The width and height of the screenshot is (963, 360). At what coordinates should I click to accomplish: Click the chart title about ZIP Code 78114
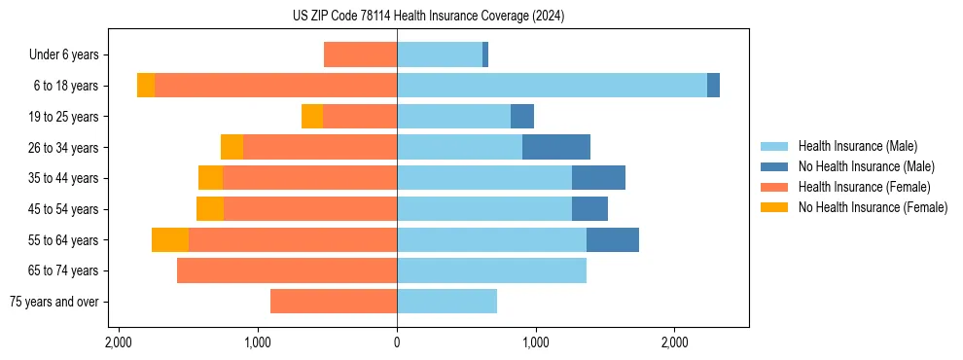[428, 17]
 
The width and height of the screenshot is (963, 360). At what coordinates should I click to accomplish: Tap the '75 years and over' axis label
[53, 302]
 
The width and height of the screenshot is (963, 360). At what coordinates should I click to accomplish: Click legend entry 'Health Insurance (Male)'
[857, 146]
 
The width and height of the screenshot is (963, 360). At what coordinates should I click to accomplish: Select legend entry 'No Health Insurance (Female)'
[873, 207]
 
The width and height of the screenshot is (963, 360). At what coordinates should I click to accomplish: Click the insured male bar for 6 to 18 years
[552, 86]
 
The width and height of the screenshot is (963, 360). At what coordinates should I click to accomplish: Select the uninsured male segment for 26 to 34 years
[556, 147]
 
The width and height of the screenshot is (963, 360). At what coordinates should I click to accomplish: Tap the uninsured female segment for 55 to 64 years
[170, 239]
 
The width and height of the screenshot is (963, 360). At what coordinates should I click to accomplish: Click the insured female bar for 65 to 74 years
[287, 270]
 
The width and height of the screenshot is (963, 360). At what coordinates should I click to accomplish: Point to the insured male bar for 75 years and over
[446, 302]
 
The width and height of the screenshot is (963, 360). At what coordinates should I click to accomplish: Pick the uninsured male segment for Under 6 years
[485, 54]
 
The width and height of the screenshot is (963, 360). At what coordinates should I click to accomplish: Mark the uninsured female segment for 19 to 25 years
[312, 117]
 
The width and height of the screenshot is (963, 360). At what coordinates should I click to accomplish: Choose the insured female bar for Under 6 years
[360, 54]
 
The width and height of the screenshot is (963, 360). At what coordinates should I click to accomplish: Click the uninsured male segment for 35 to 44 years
[598, 178]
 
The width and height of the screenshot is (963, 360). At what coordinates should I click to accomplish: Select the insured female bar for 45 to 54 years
[310, 209]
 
